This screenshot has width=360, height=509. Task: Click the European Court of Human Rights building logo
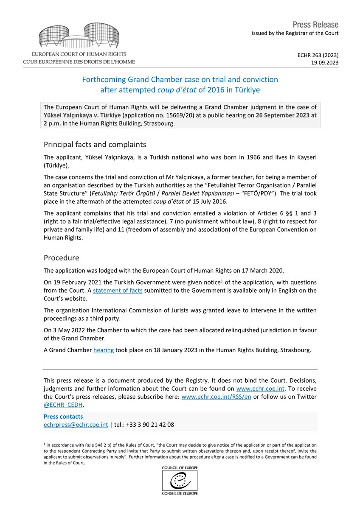click(79, 36)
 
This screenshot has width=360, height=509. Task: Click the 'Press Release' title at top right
click(315, 25)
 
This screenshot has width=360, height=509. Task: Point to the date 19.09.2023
click(325, 62)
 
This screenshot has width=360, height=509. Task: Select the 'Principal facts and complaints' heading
click(95, 144)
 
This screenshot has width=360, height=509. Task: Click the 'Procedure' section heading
click(61, 257)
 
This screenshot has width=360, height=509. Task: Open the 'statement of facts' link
click(118, 290)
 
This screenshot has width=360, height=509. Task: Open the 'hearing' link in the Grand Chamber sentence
click(103, 350)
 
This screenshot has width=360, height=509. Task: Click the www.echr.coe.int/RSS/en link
click(216, 396)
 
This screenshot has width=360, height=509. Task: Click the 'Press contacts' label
click(63, 417)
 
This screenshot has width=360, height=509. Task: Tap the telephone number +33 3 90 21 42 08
click(146, 424)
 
